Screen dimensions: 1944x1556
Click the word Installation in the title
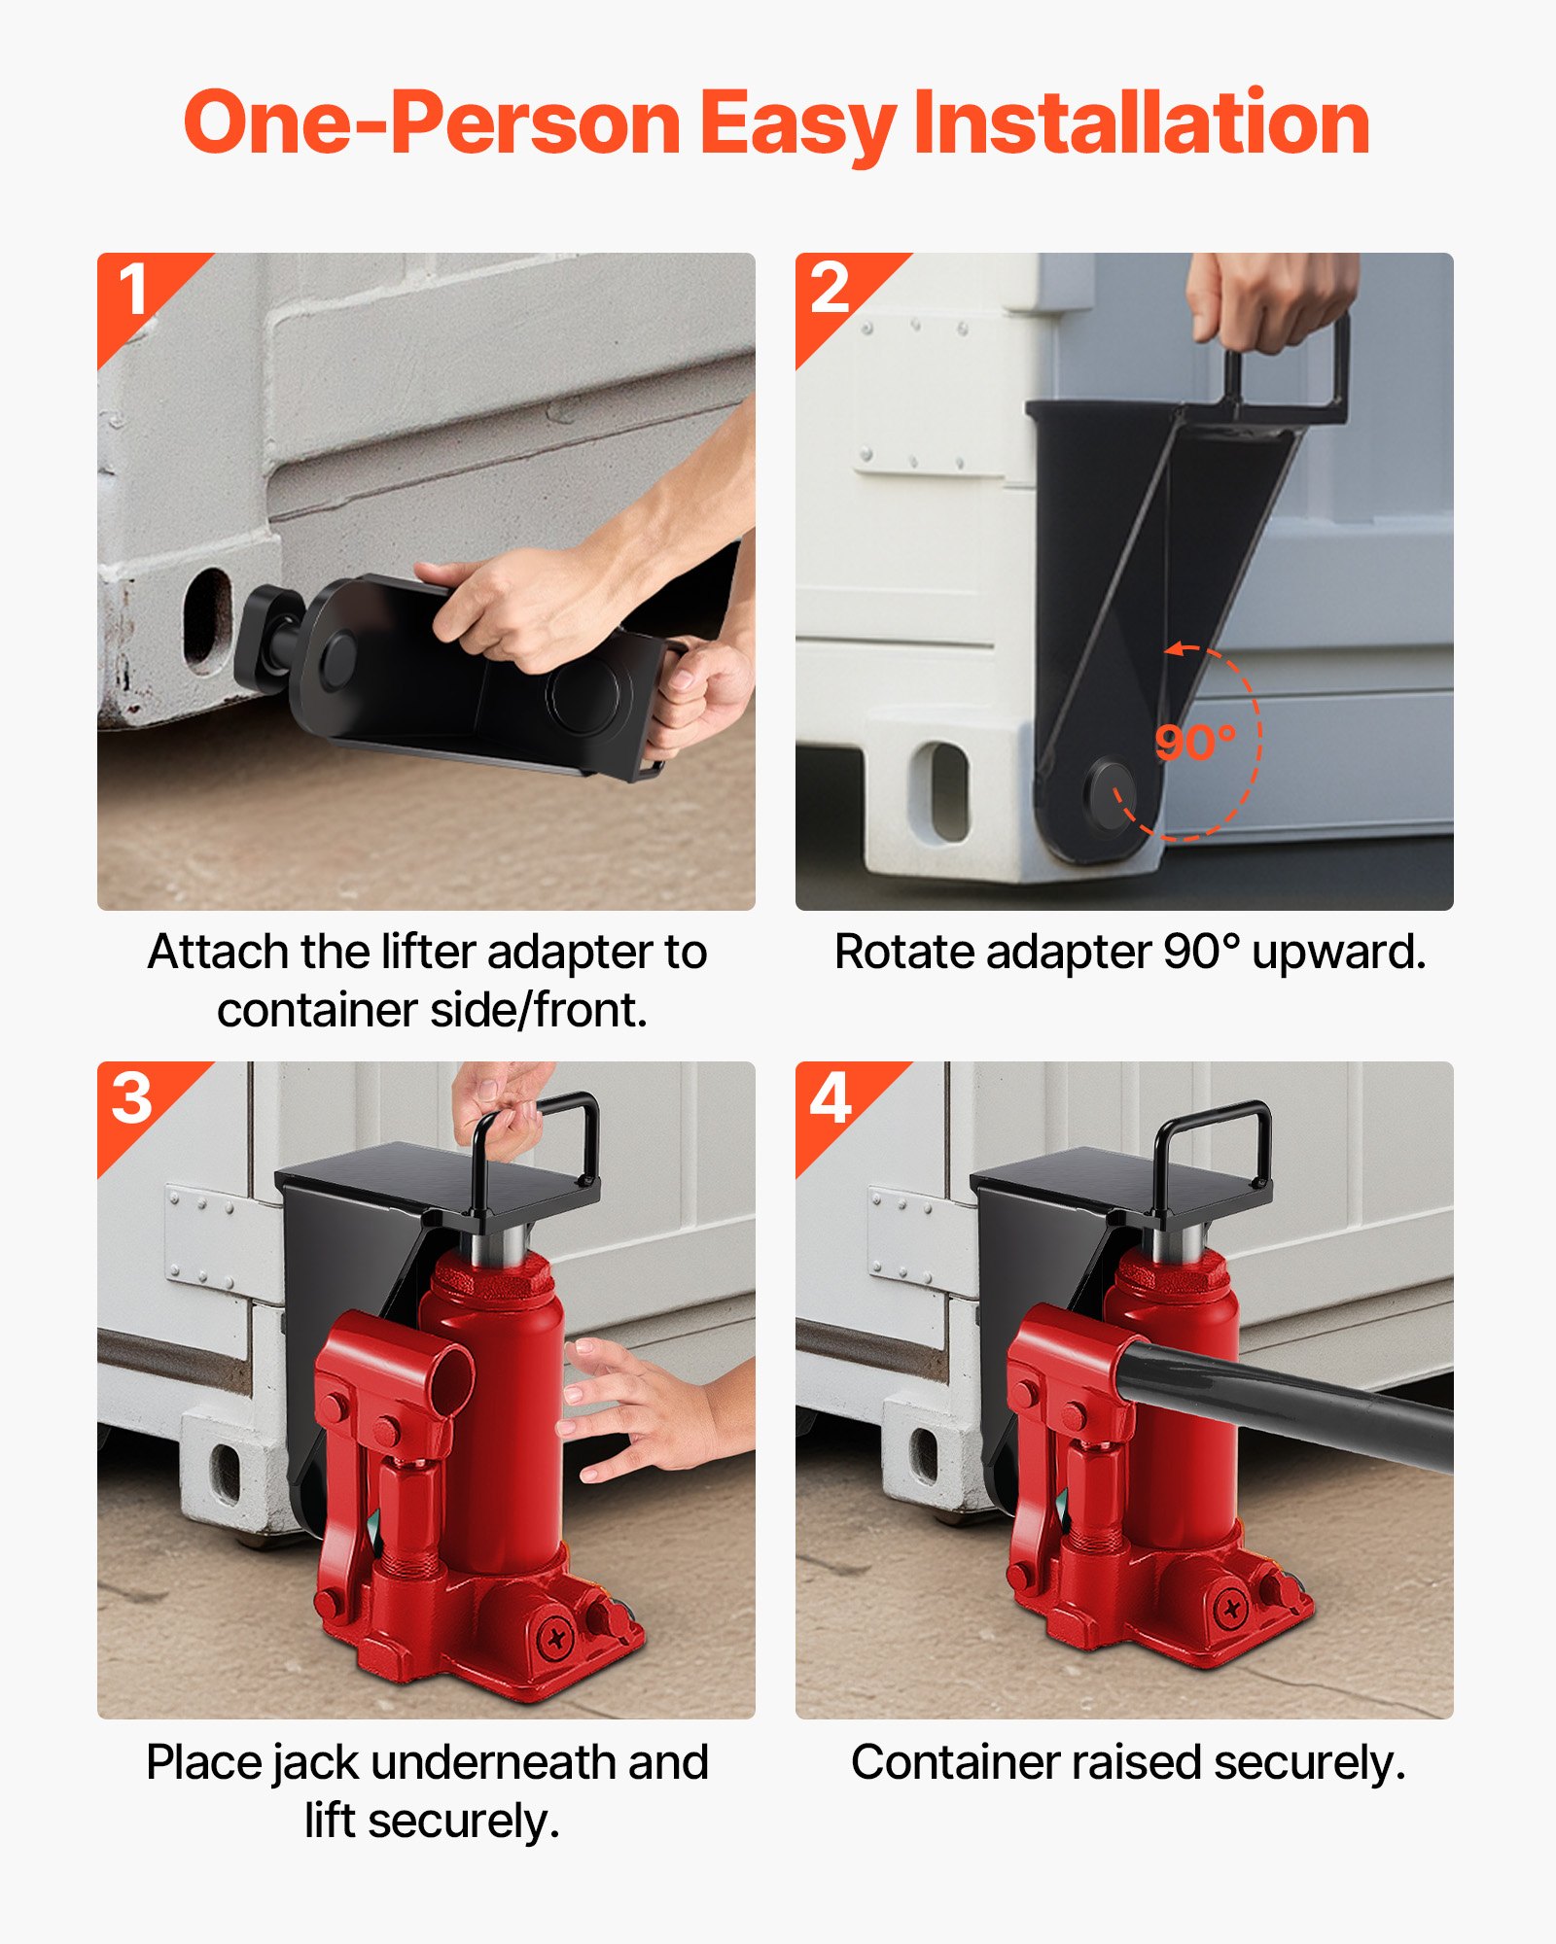pos(1142,123)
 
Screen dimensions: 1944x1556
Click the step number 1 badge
pos(133,290)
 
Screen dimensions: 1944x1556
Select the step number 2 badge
pos(830,289)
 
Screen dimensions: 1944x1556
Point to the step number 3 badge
pos(132,1098)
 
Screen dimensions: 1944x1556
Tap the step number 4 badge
pos(831,1098)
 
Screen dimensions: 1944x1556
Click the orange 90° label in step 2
pos(1194,743)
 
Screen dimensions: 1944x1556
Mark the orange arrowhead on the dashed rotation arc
pos(1175,649)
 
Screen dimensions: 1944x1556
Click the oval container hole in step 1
pos(207,619)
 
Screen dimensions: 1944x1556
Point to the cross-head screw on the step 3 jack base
pos(556,1641)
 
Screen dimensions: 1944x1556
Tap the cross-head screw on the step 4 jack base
pos(1231,1610)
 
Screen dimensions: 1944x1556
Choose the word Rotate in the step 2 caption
pos(904,952)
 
